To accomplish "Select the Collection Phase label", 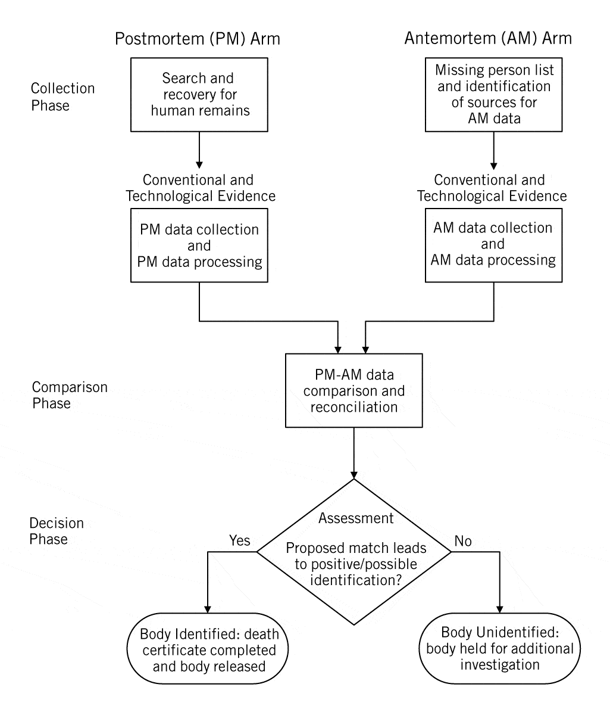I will click(62, 97).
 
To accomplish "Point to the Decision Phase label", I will click(57, 531).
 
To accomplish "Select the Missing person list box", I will click(493, 94).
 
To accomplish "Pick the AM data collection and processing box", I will click(493, 244).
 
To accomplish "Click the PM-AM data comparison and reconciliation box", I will click(354, 391).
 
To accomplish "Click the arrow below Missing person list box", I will click(493, 149).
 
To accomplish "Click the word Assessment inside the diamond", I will click(356, 518).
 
